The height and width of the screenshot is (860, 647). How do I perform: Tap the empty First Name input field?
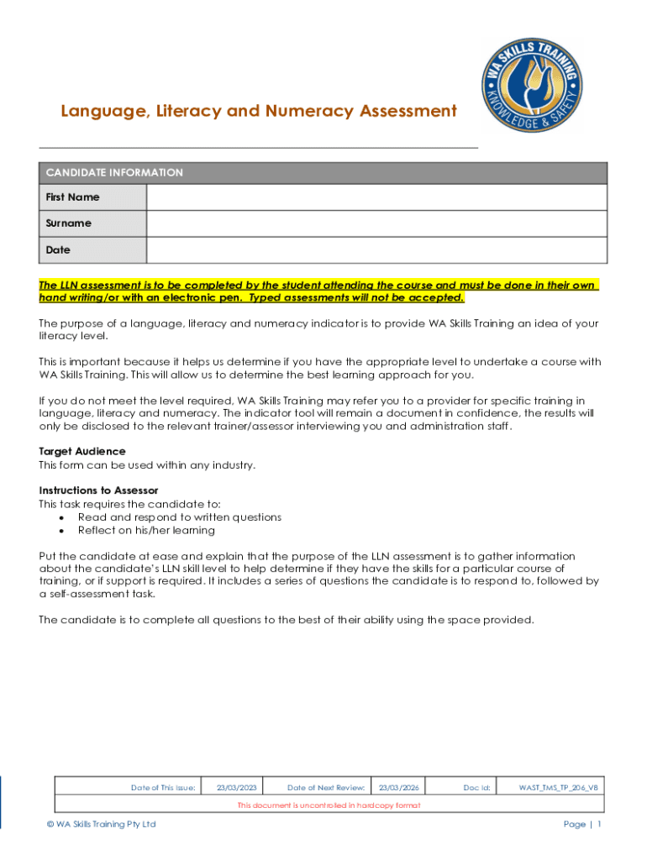click(x=376, y=197)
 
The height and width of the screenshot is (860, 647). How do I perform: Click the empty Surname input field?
click(x=376, y=223)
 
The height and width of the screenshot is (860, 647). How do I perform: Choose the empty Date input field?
click(x=376, y=250)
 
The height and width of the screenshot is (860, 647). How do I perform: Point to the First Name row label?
click(x=72, y=197)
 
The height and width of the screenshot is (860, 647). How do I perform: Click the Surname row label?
click(x=69, y=223)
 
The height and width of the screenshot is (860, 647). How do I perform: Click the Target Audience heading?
click(x=82, y=452)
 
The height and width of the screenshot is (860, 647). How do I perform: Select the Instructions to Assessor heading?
click(x=98, y=490)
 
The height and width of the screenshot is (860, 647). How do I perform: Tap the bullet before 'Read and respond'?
click(x=62, y=518)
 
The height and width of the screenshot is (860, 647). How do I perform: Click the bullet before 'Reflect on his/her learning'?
click(x=62, y=531)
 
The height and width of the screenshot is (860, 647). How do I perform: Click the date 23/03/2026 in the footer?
click(x=398, y=788)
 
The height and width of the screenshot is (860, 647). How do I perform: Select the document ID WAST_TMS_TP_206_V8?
click(x=559, y=788)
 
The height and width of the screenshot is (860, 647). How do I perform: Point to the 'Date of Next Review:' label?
click(x=325, y=788)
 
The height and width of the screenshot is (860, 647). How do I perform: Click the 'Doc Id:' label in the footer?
click(x=476, y=788)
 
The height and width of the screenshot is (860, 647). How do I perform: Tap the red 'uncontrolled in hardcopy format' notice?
click(x=329, y=805)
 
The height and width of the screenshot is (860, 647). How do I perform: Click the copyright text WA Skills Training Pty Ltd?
click(x=101, y=825)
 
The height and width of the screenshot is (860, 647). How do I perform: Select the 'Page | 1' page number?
click(x=581, y=825)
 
